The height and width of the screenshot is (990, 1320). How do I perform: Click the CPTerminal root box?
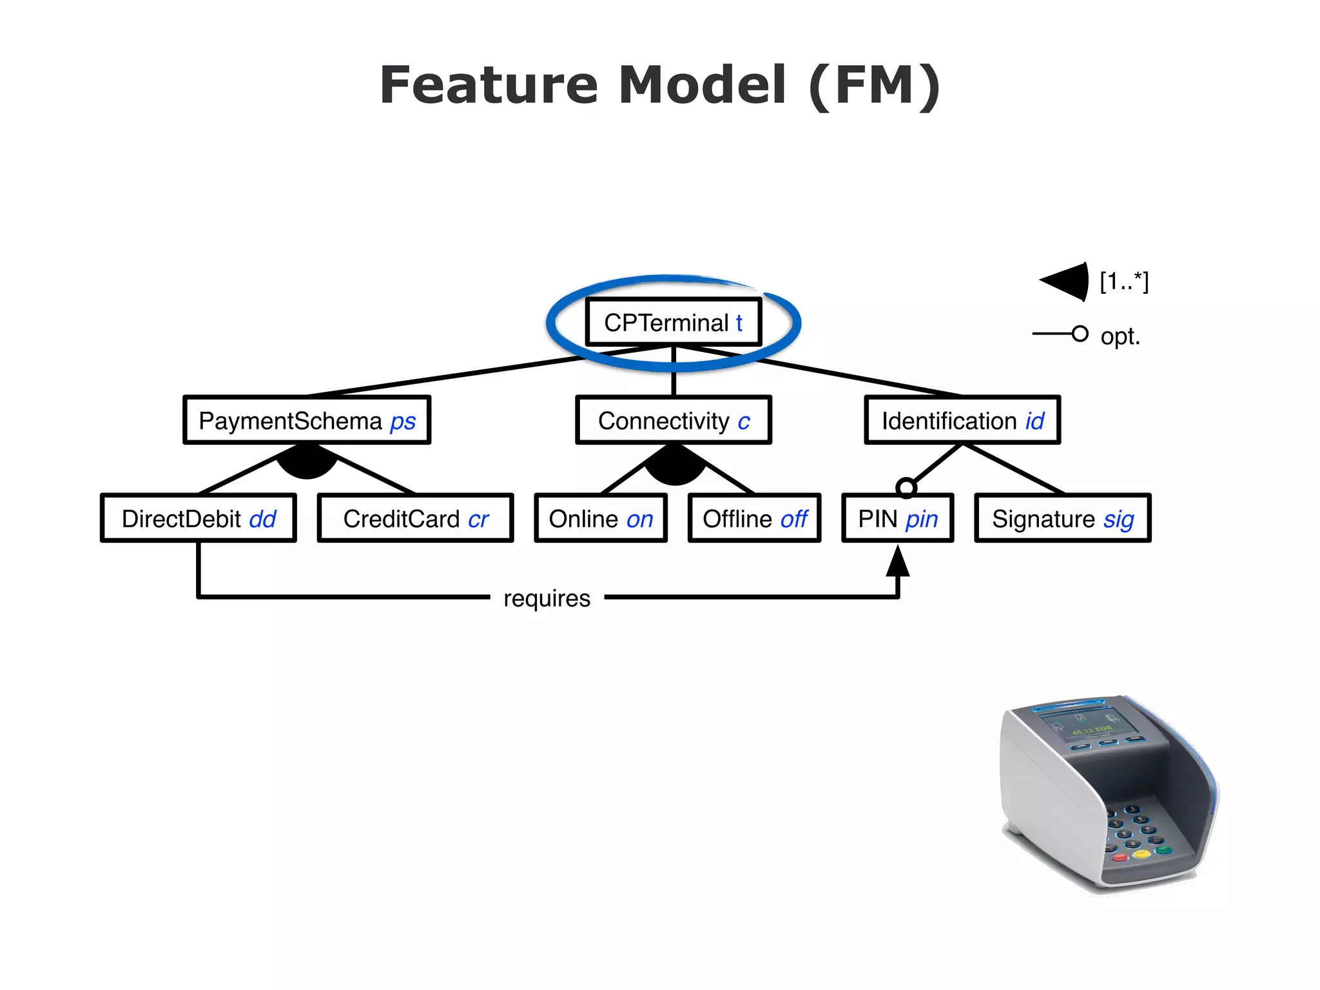tap(673, 322)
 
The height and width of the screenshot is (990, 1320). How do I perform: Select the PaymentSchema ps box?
tap(307, 421)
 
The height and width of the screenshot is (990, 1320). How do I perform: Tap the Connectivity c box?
tap(673, 421)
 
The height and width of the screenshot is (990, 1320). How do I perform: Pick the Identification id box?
tap(962, 421)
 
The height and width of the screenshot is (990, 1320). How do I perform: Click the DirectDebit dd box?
tap(199, 519)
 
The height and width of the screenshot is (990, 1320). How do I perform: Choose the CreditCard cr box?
tap(415, 519)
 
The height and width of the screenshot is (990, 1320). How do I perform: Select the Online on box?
tap(601, 519)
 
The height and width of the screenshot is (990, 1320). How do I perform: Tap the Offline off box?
tap(754, 519)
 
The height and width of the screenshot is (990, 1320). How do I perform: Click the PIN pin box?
tap(897, 519)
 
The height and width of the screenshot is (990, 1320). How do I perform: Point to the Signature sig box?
tap(1062, 519)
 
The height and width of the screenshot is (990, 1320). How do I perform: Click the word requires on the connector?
tap(547, 598)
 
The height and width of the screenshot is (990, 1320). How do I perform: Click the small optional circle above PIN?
tap(906, 488)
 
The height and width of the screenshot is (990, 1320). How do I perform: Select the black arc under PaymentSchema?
tap(307, 464)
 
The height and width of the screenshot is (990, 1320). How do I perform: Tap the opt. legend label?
tap(1120, 336)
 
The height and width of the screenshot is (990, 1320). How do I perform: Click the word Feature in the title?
tap(489, 85)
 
